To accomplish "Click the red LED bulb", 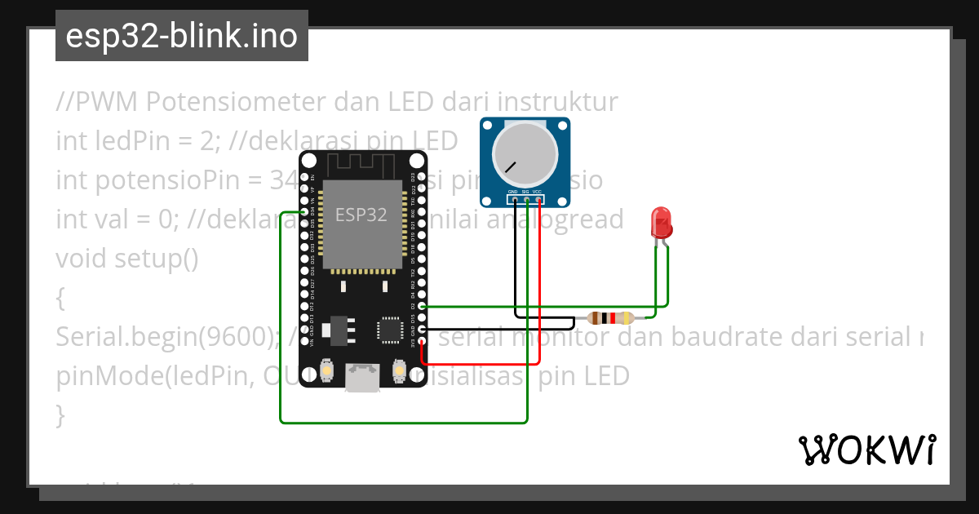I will coord(660,222).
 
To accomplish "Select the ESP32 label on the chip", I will coord(361,215).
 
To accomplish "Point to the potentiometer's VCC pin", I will coord(538,200).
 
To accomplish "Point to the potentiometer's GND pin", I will coord(514,200).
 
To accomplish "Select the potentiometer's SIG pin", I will coord(526,200).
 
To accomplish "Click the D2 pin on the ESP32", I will coord(422,307).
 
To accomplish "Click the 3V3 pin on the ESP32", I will coord(422,341).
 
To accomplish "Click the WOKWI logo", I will coord(866,450).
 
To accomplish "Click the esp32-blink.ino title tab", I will coord(181,37).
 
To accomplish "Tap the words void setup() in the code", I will coord(127,259).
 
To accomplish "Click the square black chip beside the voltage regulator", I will coord(389,329).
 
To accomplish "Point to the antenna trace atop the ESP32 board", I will coord(362,163).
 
